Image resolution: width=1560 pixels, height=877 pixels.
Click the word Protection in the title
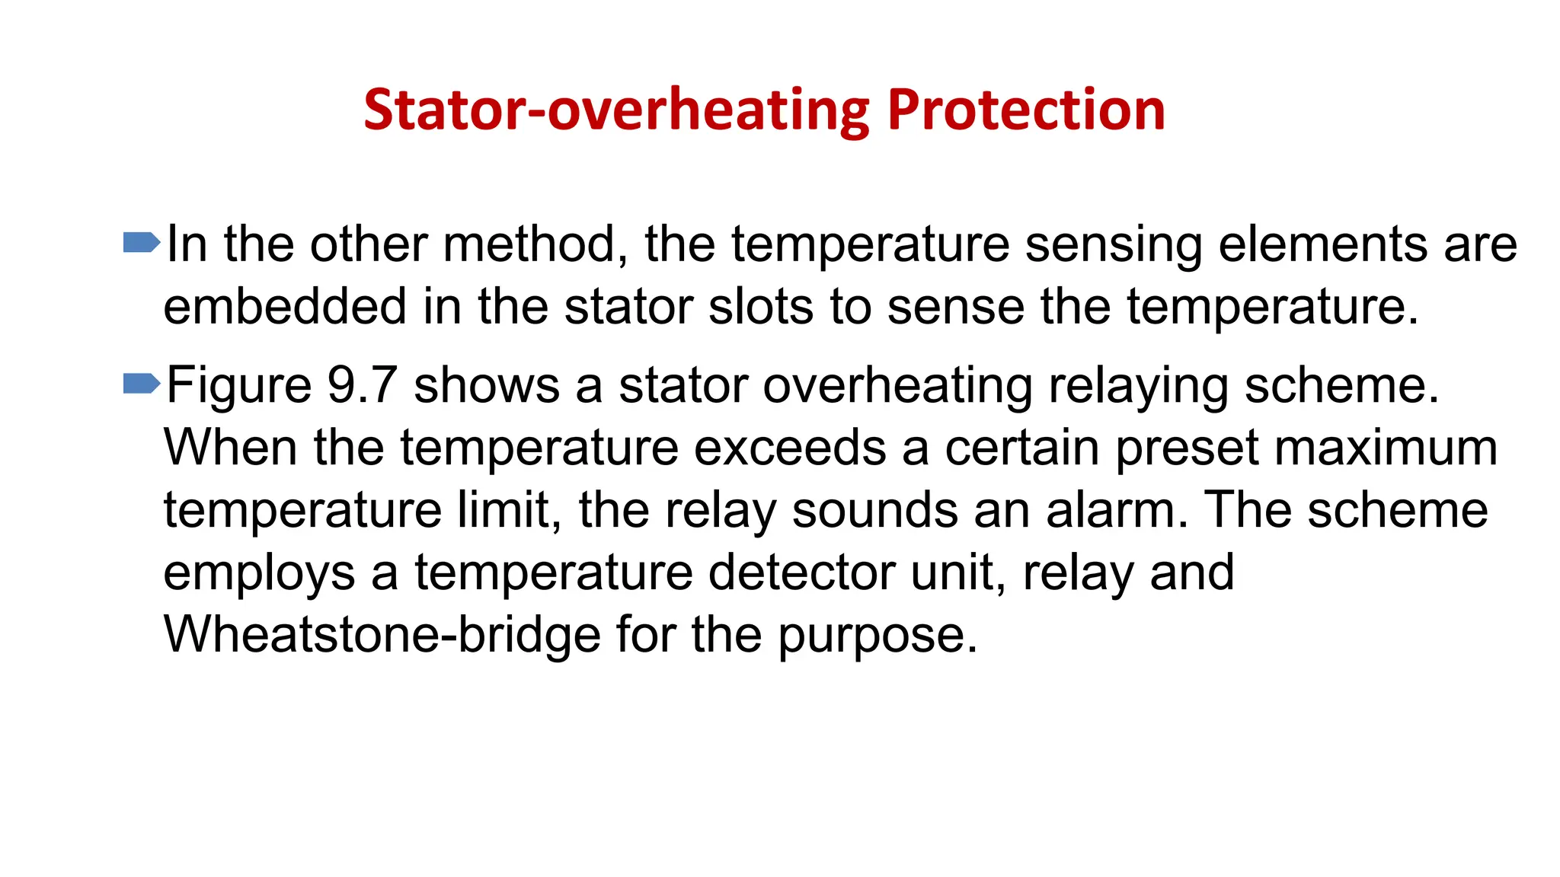click(x=1026, y=110)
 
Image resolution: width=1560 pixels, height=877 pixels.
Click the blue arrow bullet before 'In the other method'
click(x=142, y=243)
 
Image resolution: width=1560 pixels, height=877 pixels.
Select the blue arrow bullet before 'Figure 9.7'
click(x=142, y=384)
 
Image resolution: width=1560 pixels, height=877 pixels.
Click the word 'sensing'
click(x=1113, y=246)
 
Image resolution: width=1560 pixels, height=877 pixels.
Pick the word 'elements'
click(x=1323, y=244)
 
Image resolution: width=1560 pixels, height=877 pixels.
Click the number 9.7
click(x=363, y=385)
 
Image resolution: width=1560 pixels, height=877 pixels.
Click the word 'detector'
click(x=801, y=572)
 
